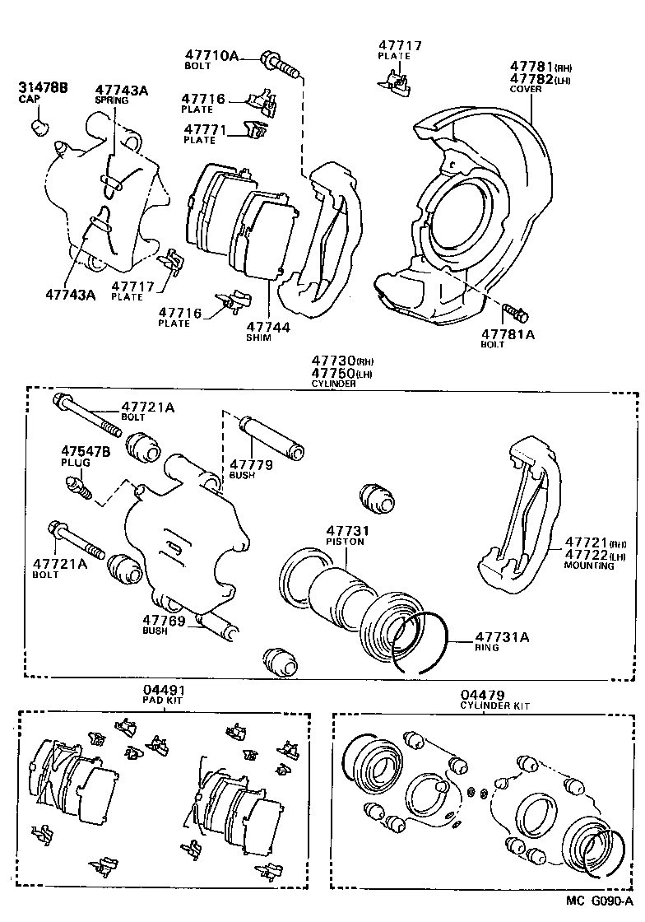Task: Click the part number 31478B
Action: coord(43,87)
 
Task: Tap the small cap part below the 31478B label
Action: coord(39,125)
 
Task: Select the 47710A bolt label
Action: coord(211,56)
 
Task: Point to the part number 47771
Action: coord(204,130)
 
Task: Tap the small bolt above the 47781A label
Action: coord(514,313)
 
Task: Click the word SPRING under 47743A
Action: coord(112,100)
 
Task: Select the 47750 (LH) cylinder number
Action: coord(333,373)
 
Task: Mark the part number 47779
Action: coord(251,465)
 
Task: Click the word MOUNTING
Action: coord(589,566)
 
